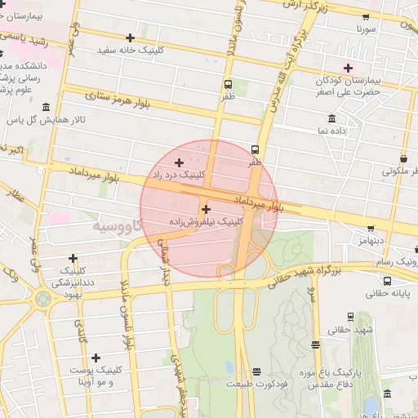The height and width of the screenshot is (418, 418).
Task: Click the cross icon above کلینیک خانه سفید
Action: (131, 38)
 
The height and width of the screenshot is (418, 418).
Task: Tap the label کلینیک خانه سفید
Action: (131, 50)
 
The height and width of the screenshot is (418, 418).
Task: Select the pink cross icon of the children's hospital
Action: (349, 67)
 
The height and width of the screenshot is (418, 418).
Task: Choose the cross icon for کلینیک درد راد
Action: (180, 162)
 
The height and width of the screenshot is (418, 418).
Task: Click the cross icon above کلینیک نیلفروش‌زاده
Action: (206, 209)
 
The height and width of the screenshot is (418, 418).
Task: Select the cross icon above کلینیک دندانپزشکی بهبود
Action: (73, 258)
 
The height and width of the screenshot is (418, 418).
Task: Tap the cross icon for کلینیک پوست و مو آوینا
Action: (96, 358)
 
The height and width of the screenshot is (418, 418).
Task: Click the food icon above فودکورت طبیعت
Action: (257, 371)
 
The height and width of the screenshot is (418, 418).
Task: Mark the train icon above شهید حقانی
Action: (350, 317)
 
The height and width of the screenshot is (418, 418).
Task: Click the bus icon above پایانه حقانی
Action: (386, 278)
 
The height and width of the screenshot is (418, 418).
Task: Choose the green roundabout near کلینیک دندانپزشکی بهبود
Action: (42, 300)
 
